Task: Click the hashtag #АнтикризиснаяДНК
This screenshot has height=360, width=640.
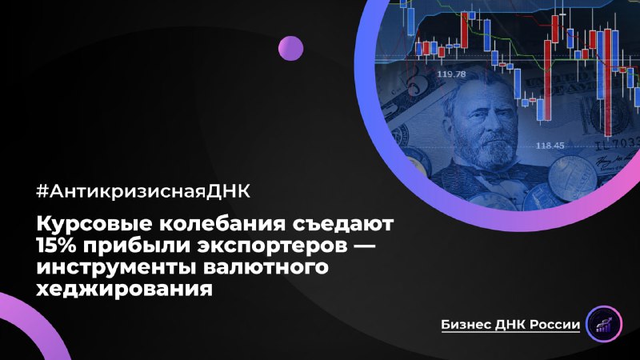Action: pos(144,191)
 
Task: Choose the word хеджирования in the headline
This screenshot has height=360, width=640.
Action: pos(125,289)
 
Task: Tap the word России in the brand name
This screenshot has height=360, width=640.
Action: pos(554,325)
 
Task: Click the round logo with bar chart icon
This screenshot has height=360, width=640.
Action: pos(605,324)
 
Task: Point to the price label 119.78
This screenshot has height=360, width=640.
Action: pos(451,74)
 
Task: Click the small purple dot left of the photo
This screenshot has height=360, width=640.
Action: pos(290,48)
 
